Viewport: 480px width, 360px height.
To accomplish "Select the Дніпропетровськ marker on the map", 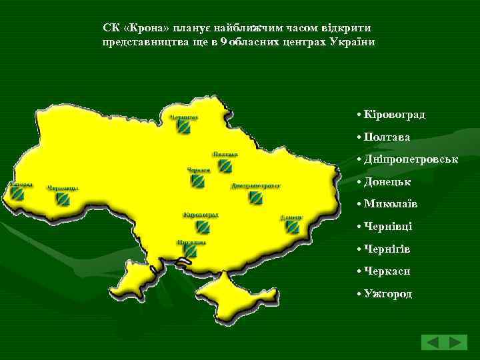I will pyautogui.click(x=255, y=197).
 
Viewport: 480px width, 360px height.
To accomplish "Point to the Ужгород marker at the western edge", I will pyautogui.click(x=17, y=193).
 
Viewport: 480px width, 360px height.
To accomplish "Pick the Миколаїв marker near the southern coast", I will pyautogui.click(x=191, y=251).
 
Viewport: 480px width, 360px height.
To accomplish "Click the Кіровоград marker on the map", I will pyautogui.click(x=202, y=227).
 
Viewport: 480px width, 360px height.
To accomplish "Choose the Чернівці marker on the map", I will pyautogui.click(x=63, y=199).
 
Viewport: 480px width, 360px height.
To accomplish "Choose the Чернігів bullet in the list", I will pyautogui.click(x=387, y=249).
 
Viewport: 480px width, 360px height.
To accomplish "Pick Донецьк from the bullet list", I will pyautogui.click(x=387, y=181).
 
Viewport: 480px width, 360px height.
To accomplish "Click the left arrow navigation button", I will pyautogui.click(x=433, y=343).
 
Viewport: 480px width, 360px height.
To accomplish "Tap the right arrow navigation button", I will pyautogui.click(x=457, y=343).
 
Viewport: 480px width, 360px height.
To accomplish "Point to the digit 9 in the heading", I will pyautogui.click(x=223, y=41).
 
